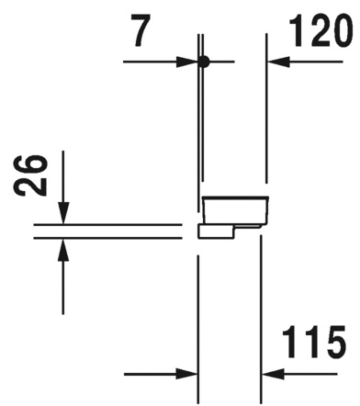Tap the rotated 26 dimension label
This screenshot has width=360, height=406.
click(x=33, y=177)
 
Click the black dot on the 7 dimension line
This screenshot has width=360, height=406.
click(x=204, y=62)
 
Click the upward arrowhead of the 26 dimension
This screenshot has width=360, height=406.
click(x=62, y=246)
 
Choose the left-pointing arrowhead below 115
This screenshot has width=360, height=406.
click(x=272, y=374)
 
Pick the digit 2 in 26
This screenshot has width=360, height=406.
click(x=33, y=189)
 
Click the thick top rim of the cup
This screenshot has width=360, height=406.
click(x=235, y=197)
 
